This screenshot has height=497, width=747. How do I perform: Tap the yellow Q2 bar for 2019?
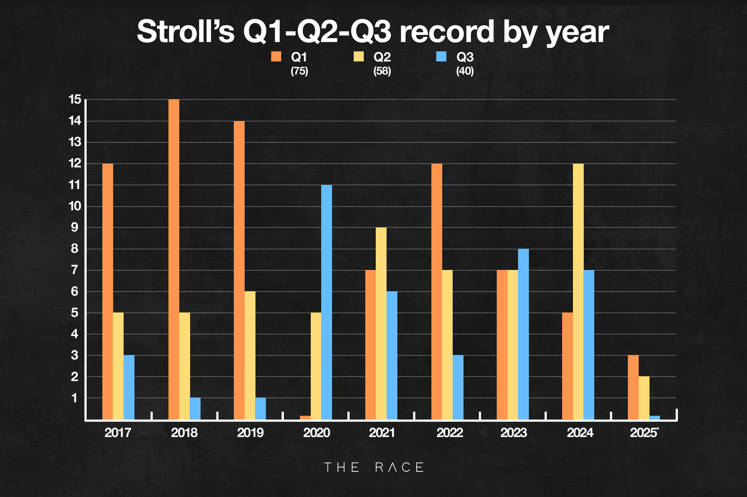tap(250, 355)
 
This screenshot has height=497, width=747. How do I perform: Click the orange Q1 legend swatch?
tap(276, 57)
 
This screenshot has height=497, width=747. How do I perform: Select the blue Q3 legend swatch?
tap(441, 57)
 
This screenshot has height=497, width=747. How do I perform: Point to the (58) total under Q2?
tap(382, 71)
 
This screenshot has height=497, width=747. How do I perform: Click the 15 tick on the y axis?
tap(75, 99)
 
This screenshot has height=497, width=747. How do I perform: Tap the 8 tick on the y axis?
tap(75, 248)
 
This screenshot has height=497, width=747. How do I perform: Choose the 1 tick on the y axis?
tap(75, 398)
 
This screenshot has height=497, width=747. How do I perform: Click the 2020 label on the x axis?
tap(317, 433)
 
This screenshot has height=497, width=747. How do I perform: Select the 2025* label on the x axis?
tap(644, 433)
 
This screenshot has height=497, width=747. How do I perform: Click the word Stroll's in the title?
tap(185, 32)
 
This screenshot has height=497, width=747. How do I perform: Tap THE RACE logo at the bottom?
tap(373, 467)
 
